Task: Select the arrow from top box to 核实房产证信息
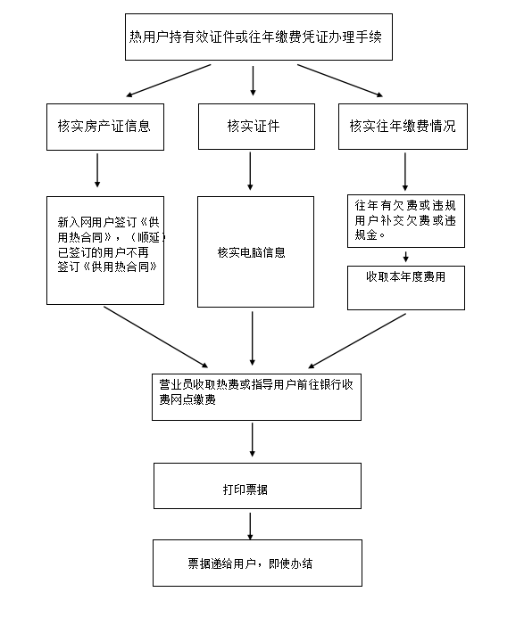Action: pyautogui.click(x=169, y=80)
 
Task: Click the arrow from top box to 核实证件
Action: pyautogui.click(x=253, y=81)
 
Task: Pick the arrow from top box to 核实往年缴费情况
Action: pyautogui.click(x=340, y=80)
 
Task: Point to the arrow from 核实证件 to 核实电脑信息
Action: pyautogui.click(x=250, y=171)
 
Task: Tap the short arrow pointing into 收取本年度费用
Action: pyautogui.click(x=406, y=257)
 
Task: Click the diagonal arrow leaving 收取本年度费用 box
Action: pyautogui.click(x=357, y=341)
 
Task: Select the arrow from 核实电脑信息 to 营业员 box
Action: pyautogui.click(x=253, y=339)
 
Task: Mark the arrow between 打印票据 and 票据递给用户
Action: pyautogui.click(x=250, y=526)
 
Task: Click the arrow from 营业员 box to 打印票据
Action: pyautogui.click(x=253, y=440)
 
